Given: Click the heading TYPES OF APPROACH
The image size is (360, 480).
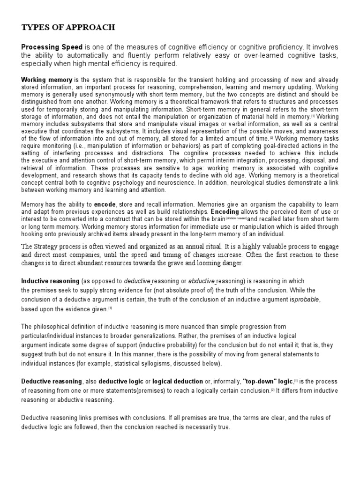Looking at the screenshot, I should (68, 28).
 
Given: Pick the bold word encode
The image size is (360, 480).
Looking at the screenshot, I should (105, 205).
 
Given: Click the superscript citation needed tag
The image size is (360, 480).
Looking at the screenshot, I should (236, 219).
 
